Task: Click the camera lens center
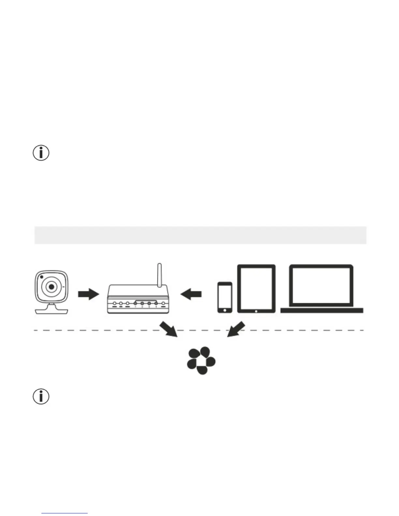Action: (x=52, y=287)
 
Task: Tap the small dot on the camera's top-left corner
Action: (x=42, y=277)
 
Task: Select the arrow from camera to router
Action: (x=88, y=294)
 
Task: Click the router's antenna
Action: (x=159, y=275)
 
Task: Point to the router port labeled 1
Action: (x=135, y=304)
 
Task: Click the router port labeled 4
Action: (x=156, y=304)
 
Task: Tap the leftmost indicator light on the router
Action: (x=114, y=304)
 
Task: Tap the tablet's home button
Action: (x=256, y=311)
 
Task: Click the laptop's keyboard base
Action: (x=322, y=310)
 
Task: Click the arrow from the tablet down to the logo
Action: (x=236, y=329)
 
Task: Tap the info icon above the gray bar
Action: (x=41, y=153)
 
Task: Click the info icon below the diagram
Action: (x=41, y=396)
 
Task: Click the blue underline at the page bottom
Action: (x=65, y=513)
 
